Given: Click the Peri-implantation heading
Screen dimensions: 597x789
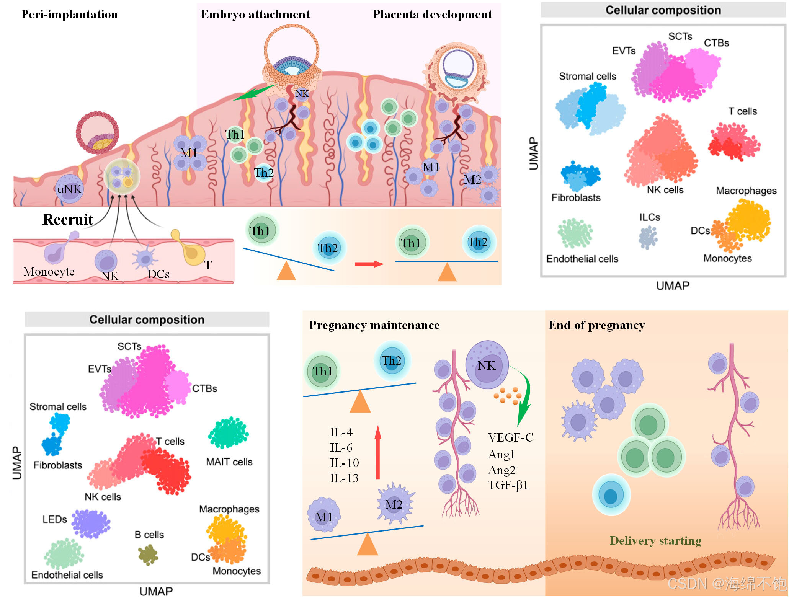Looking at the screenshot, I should (69, 15).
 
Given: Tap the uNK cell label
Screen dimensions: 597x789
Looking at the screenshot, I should (69, 189).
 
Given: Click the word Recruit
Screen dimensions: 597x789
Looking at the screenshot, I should (68, 220).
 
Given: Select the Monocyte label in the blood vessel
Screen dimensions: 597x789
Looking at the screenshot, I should (49, 272).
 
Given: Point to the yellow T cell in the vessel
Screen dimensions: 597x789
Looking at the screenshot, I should (190, 251).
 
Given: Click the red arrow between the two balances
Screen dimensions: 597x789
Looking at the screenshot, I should (369, 264).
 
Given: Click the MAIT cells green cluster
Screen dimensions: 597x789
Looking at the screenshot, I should (229, 433).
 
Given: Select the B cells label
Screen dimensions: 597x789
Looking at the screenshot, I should (149, 535).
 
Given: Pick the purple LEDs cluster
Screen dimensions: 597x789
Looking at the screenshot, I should (91, 524).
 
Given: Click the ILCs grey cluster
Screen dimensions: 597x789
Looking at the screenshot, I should (648, 237).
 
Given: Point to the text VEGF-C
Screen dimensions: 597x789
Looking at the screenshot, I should (510, 437).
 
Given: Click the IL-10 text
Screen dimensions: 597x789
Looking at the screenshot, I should (344, 463).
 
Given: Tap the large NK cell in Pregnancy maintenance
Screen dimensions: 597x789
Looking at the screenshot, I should (487, 365).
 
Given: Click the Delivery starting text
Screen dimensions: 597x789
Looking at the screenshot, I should (655, 540).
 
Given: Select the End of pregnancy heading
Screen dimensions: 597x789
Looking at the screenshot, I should (596, 325).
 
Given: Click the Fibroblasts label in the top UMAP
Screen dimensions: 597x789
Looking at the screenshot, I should (576, 198).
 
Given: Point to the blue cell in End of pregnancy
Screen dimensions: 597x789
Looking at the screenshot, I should (611, 496).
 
